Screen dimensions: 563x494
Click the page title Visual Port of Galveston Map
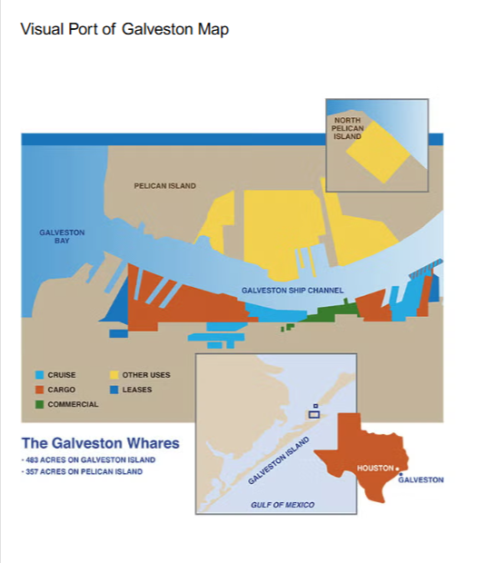(x=124, y=30)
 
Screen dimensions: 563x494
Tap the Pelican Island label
(x=164, y=186)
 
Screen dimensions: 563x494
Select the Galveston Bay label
(x=62, y=236)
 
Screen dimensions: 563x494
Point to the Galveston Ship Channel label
(x=292, y=291)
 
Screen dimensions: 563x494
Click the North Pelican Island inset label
(x=348, y=128)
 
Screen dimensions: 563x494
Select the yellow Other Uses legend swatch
(x=115, y=375)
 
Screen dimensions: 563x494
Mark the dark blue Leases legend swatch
(x=115, y=390)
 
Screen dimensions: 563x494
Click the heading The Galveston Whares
(x=100, y=444)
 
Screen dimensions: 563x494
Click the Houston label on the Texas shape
(x=374, y=468)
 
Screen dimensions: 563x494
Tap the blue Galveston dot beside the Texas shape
(x=400, y=473)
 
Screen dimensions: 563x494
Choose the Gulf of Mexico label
(x=282, y=504)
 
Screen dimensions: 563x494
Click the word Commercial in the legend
(x=73, y=404)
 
